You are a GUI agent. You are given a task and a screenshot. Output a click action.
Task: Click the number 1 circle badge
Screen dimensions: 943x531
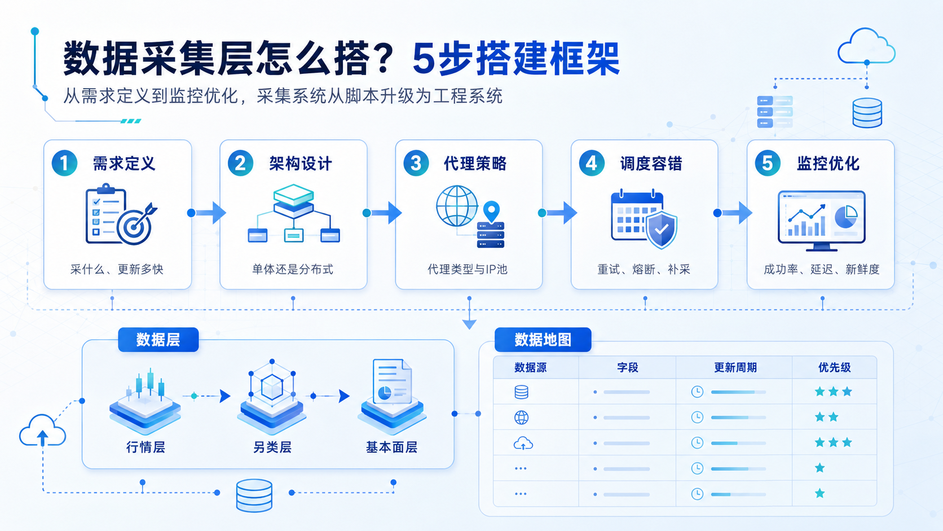pos(64,163)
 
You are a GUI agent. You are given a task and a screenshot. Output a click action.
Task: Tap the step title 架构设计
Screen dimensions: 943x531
pos(301,164)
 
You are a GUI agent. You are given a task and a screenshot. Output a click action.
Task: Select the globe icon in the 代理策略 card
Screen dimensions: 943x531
pos(457,206)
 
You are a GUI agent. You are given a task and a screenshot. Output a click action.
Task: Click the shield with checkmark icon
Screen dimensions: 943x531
pos(662,230)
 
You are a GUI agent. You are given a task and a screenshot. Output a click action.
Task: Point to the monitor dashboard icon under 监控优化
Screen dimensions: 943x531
pos(821,221)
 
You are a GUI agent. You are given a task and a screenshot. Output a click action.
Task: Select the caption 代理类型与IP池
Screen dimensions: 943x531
pos(468,269)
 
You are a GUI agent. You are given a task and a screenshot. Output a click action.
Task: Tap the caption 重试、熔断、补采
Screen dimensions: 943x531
pos(644,269)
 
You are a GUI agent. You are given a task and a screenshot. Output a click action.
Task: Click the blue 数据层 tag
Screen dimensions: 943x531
pos(158,339)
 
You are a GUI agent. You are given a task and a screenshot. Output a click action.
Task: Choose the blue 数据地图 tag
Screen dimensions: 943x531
pos(543,339)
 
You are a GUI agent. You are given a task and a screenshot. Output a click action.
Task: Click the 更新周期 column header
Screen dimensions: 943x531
pos(735,367)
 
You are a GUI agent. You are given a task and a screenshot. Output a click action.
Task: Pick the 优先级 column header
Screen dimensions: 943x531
pos(834,367)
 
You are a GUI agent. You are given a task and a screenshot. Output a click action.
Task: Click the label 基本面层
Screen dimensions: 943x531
pos(391,447)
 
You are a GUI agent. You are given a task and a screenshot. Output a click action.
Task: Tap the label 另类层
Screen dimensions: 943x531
pos(272,447)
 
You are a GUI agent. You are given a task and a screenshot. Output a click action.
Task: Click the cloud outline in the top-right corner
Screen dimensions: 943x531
pos(866,46)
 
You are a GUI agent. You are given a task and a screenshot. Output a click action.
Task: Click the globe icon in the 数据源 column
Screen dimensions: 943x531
pos(521,418)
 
